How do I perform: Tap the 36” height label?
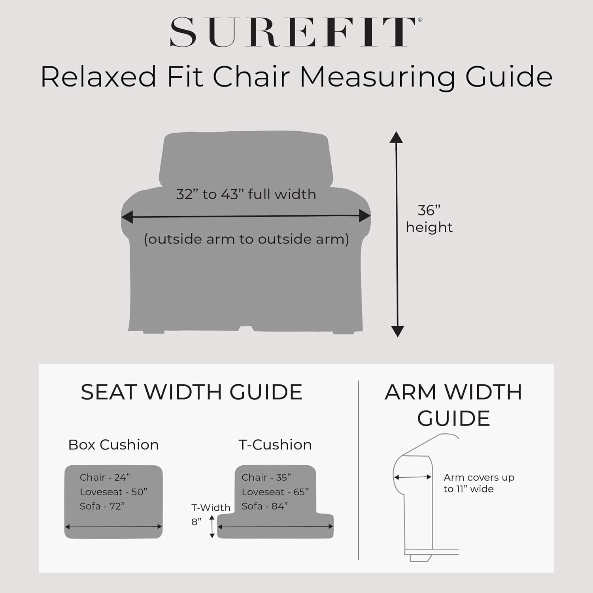429,219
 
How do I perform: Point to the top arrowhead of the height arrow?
396,137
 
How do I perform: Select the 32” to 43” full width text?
246,194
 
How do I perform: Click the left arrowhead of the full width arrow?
127,217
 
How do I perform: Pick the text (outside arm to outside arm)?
246,239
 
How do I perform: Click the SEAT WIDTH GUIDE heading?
192,392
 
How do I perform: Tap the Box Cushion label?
113,445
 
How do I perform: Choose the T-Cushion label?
275,445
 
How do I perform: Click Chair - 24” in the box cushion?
105,478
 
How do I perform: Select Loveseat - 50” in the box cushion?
113,492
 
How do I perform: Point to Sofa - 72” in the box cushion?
102,506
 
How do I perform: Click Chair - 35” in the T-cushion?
266,478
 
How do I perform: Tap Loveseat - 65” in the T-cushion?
275,492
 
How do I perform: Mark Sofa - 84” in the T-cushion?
264,506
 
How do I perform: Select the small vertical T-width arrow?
212,527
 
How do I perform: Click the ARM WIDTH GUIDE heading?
453,405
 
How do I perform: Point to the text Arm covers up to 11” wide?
479,483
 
